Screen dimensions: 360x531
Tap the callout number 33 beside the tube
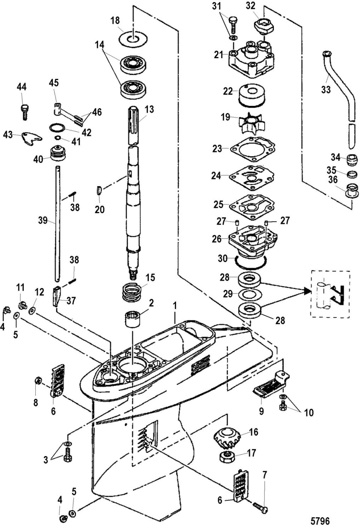click(326, 90)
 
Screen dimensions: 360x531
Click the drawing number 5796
click(320, 521)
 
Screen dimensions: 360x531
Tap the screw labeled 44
click(25, 112)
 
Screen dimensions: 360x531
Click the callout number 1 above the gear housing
click(175, 306)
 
